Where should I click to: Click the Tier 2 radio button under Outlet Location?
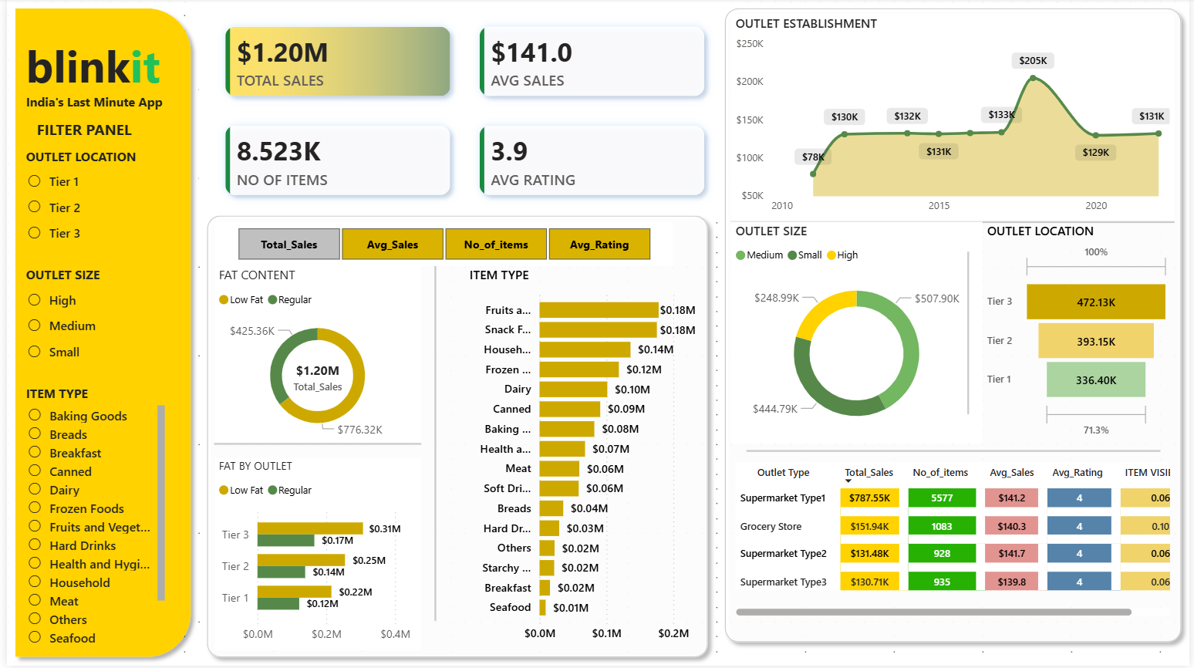coord(35,207)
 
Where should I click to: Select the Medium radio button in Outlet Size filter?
coord(35,326)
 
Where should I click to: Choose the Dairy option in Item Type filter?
coord(35,489)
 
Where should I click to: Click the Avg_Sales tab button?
coord(393,245)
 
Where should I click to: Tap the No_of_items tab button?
coord(496,245)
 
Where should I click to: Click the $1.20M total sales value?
coord(282,53)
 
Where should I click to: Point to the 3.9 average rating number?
coord(509,152)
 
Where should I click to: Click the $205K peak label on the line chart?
coord(1033,61)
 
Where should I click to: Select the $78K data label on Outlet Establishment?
coord(813,157)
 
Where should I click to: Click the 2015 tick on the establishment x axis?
coord(939,206)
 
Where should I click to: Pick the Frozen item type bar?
coord(578,369)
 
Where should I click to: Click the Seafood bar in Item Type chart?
coord(543,608)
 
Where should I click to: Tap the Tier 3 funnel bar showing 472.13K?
coord(1095,302)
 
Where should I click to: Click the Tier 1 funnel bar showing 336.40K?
coord(1095,380)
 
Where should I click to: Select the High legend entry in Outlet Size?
coord(842,255)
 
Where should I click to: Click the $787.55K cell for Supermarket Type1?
coord(869,498)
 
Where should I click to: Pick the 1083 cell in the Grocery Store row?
coord(942,527)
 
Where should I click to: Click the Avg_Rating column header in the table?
coord(1077,473)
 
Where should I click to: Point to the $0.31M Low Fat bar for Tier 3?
coord(310,528)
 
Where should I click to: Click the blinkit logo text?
coord(93,68)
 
